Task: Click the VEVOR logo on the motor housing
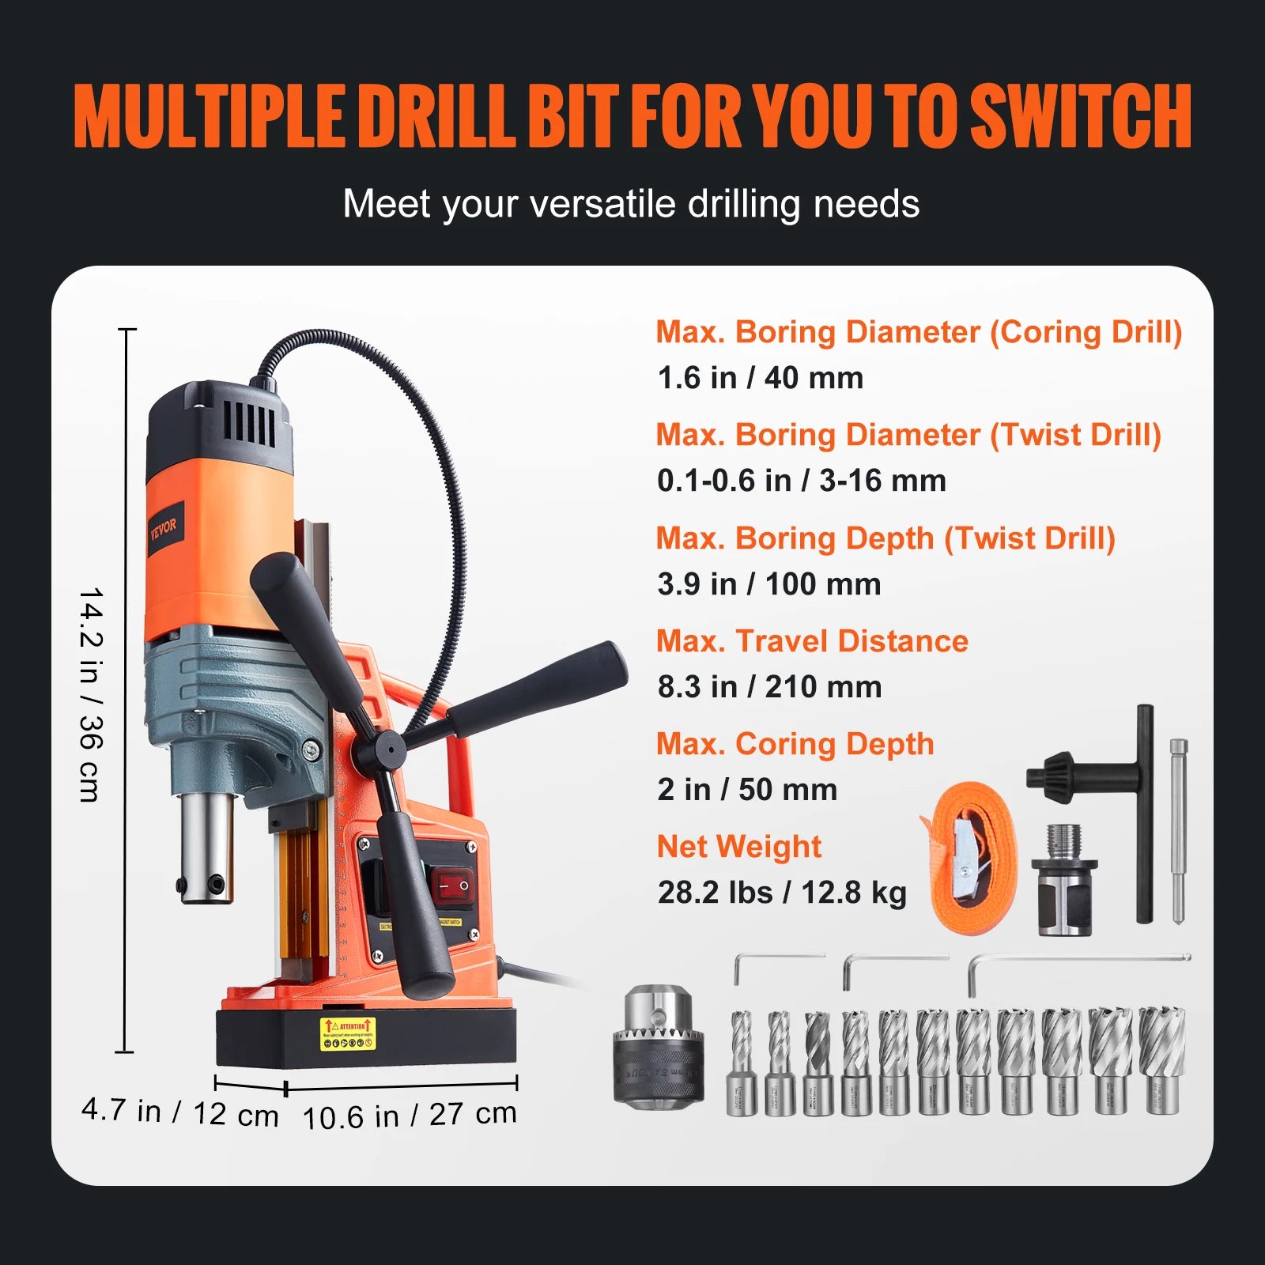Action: (x=164, y=526)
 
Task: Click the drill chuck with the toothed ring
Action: (x=658, y=1045)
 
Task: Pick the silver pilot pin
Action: (x=1178, y=830)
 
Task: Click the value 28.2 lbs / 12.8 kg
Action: (x=781, y=893)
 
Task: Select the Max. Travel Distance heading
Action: (x=812, y=641)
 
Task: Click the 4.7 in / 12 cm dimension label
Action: (x=180, y=1112)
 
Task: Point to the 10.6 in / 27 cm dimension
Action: (x=410, y=1116)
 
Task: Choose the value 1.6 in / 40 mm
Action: (x=760, y=378)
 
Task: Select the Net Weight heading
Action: (x=738, y=847)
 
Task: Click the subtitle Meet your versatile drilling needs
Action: (x=631, y=204)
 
